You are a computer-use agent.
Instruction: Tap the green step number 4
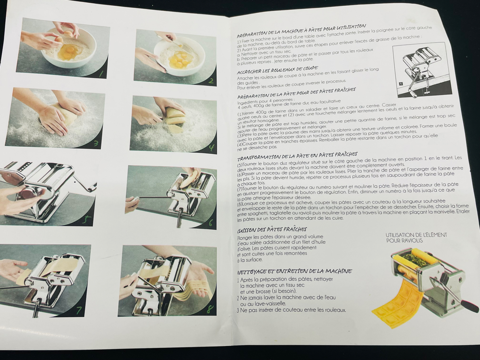pos(211,148)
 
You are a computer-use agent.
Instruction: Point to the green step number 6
pos(211,223)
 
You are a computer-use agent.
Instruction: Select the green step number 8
pos(210,309)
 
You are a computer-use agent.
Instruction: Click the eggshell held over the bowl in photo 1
pos(68,33)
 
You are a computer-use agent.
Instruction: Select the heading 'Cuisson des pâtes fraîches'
pos(272,230)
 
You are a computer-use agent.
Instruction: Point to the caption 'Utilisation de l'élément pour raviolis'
pos(416,238)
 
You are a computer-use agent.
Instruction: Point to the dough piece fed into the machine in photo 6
pos(190,180)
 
